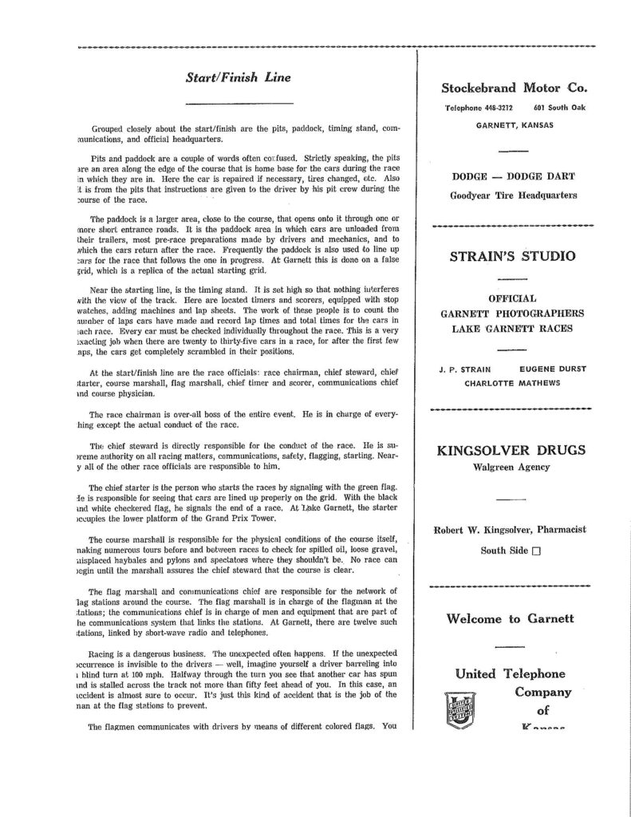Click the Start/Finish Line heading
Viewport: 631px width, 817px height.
pos(227,78)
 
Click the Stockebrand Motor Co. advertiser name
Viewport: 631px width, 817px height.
pos(520,88)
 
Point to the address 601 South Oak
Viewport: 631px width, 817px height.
pos(559,108)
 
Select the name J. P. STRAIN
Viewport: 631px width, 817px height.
pos(469,369)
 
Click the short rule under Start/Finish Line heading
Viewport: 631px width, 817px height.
pos(227,105)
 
